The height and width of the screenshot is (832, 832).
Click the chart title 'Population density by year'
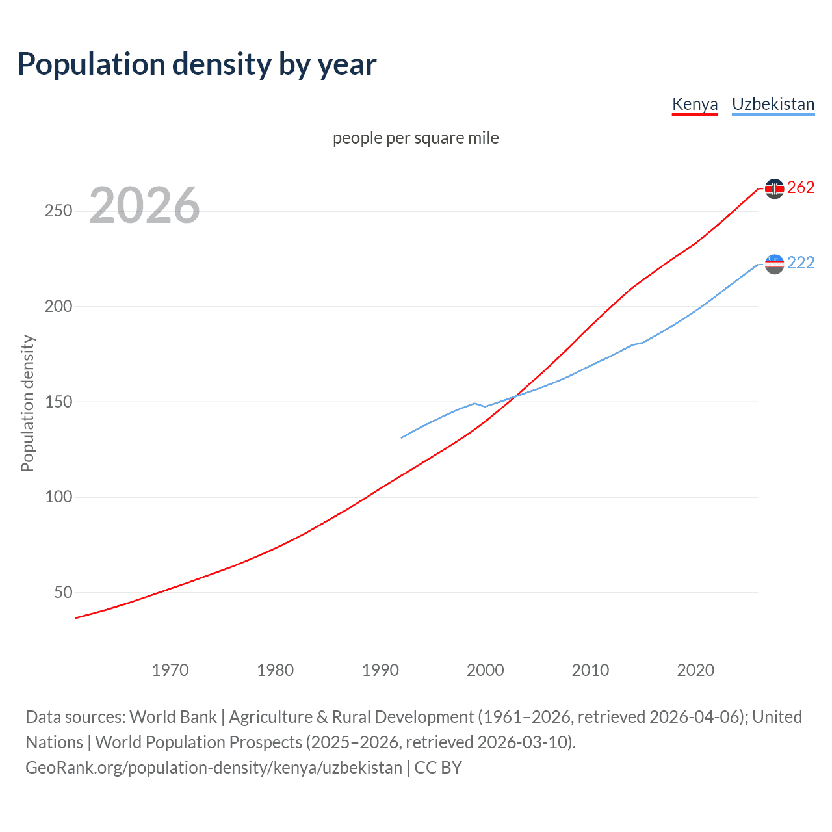[197, 64]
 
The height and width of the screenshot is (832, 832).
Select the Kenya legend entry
[694, 104]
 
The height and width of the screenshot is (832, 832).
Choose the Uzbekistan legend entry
[773, 104]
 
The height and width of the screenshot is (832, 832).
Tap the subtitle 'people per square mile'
[415, 138]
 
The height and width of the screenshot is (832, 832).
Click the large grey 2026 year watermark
[144, 205]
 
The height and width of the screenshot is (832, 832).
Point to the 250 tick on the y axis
[58, 211]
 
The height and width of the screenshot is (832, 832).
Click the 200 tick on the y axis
[58, 306]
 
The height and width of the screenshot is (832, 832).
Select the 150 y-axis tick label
[58, 402]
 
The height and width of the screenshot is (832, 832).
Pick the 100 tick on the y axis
[58, 497]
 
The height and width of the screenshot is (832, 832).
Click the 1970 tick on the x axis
[170, 670]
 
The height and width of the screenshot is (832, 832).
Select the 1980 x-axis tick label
[276, 670]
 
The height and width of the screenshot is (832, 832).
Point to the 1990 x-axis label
[380, 670]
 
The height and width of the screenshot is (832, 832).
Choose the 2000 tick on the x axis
[486, 670]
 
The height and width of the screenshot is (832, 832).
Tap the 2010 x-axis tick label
[590, 670]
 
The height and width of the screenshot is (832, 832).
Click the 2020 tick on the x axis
[695, 670]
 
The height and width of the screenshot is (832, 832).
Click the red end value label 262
[801, 188]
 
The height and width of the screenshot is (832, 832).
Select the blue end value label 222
[801, 263]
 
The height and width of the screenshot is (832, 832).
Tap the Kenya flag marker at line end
[774, 188]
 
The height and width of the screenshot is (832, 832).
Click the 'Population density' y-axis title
[27, 403]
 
